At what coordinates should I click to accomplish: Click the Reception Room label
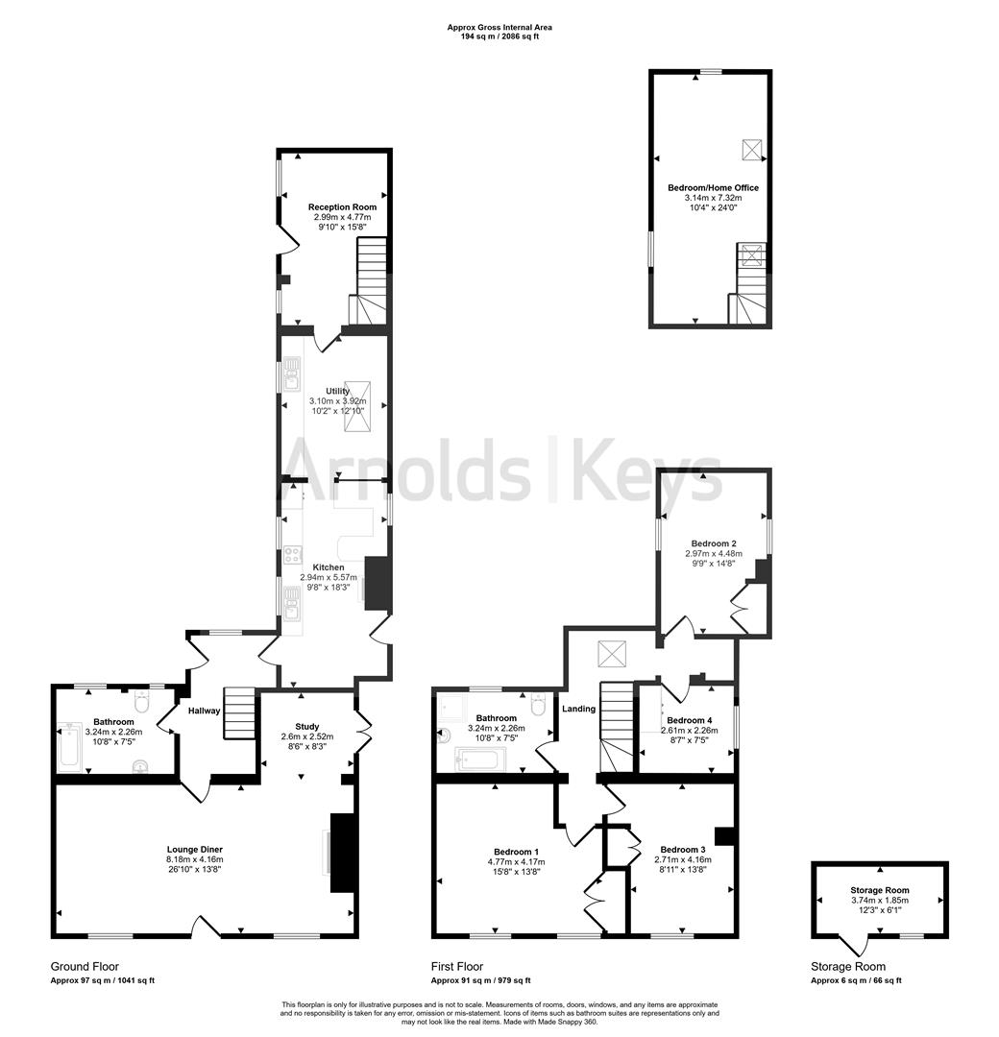point(342,206)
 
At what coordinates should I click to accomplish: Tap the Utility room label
point(337,391)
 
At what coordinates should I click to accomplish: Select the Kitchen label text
point(328,567)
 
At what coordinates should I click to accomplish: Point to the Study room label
point(306,727)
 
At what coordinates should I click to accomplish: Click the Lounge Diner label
point(195,850)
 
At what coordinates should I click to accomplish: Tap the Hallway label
point(205,711)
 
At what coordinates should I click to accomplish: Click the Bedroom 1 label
point(516,852)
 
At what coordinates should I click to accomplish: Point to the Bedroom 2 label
point(711,543)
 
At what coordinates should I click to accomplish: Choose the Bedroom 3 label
point(683,850)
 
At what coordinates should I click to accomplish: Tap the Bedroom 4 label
point(690,720)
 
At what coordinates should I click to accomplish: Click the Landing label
point(579,709)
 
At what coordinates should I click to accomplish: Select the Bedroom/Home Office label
point(711,188)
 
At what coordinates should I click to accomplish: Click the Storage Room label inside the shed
point(879,891)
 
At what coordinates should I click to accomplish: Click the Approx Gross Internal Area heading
point(499,27)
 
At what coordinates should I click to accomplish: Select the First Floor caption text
point(457,967)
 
